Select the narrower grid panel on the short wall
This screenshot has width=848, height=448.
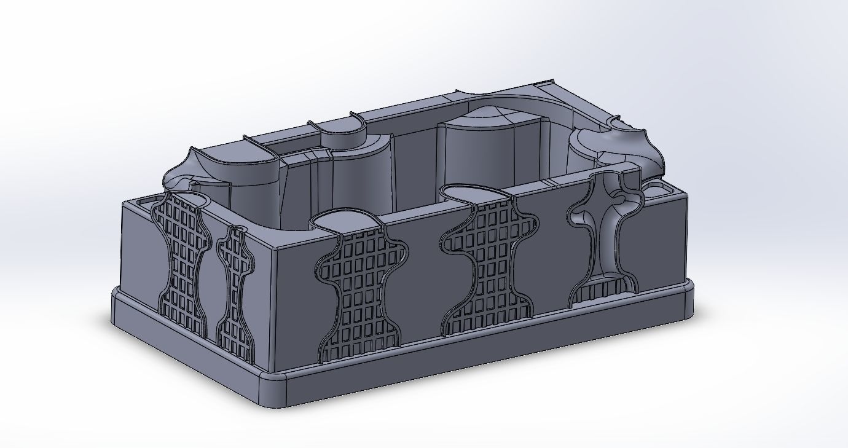235,289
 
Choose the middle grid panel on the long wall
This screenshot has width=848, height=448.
489,264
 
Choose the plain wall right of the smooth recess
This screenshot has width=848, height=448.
661,246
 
